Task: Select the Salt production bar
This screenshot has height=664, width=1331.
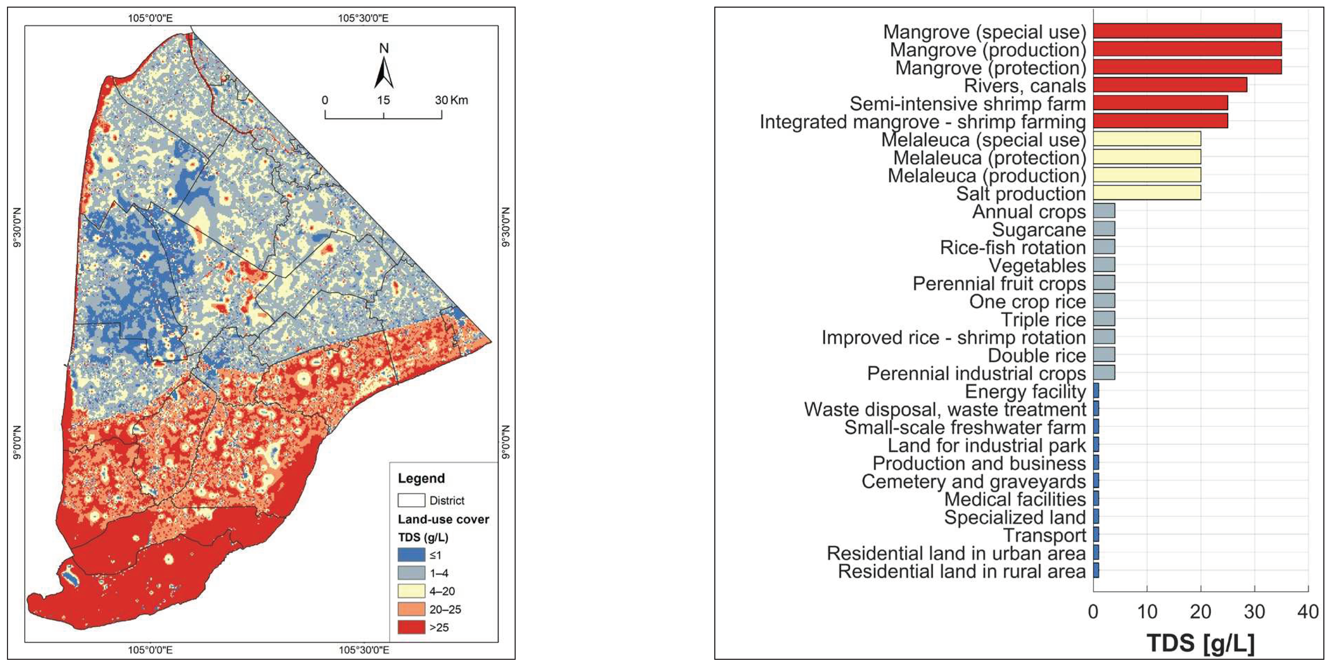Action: [x=1147, y=193]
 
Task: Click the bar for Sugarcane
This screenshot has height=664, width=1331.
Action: [x=1104, y=229]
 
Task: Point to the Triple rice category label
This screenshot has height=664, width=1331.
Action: [x=1043, y=319]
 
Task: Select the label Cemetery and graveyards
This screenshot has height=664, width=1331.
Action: [x=974, y=481]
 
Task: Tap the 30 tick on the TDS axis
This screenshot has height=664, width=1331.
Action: [x=1254, y=612]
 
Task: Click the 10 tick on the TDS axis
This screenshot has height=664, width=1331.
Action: [x=1147, y=612]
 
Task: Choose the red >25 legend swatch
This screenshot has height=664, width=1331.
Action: [x=411, y=627]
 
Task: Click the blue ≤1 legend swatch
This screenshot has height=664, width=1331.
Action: [x=411, y=555]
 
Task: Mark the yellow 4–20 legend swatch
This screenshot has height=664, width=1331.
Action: [x=411, y=591]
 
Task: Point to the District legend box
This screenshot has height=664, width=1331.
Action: [x=411, y=500]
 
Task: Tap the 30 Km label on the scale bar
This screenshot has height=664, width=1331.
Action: [x=451, y=100]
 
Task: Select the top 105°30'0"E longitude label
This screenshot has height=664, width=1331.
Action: [x=363, y=18]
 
